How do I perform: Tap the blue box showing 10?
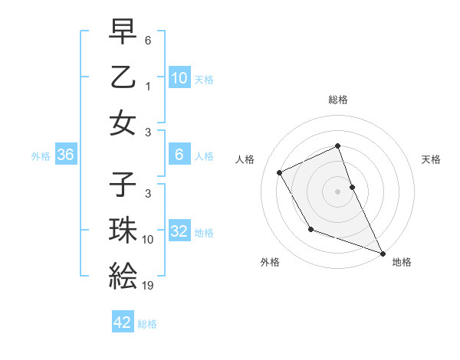pyautogui.click(x=179, y=77)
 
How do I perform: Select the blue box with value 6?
pyautogui.click(x=179, y=155)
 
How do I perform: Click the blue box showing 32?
pyautogui.click(x=179, y=231)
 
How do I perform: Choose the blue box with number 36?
pyautogui.click(x=66, y=155)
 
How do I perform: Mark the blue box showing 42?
pyautogui.click(x=123, y=322)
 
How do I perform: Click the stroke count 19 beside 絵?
pyautogui.click(x=148, y=286)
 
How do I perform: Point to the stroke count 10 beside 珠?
pyautogui.click(x=148, y=240)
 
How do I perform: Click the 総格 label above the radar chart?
pyautogui.click(x=338, y=100)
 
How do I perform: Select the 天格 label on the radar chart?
pyautogui.click(x=431, y=159)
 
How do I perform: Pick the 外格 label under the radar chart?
pyautogui.click(x=270, y=262)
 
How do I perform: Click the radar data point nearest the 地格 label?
pyautogui.click(x=383, y=254)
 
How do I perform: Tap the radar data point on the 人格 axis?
pyautogui.click(x=280, y=172)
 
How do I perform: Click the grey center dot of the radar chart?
pyautogui.click(x=337, y=191)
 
